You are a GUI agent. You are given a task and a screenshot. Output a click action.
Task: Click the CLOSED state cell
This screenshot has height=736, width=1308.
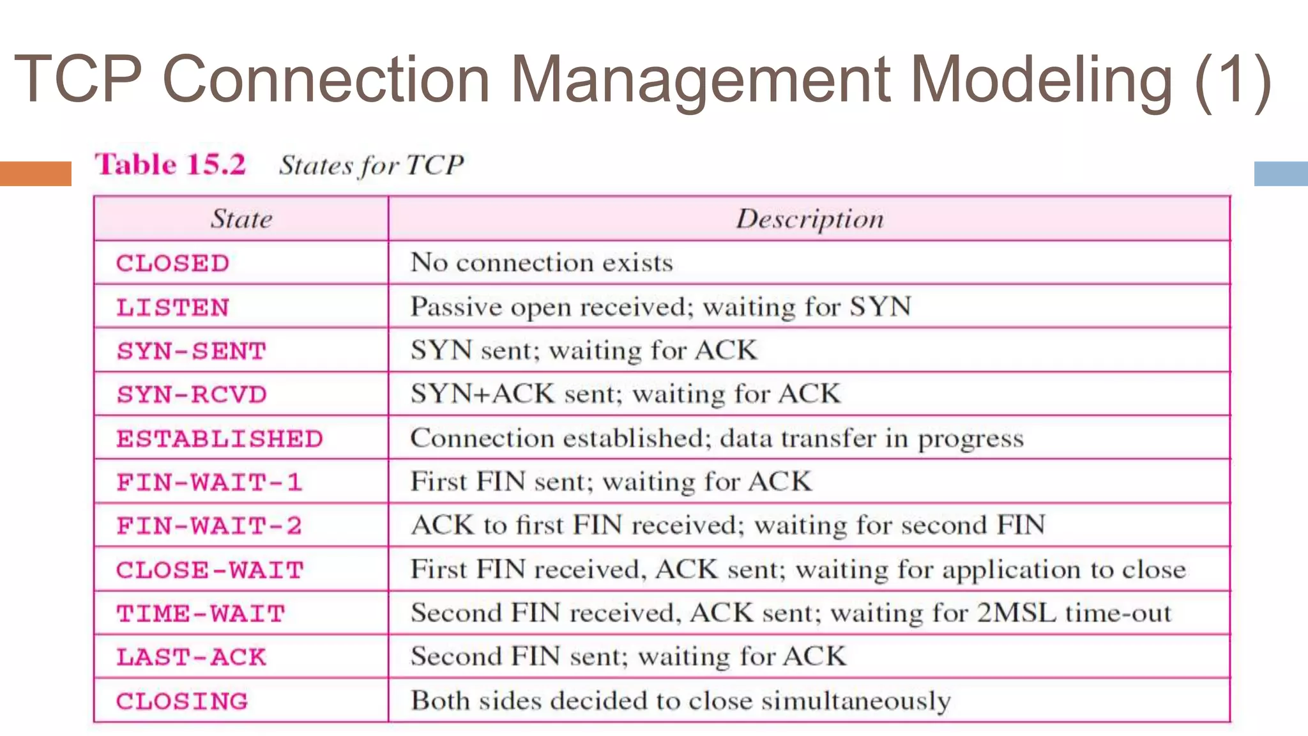pyautogui.click(x=172, y=263)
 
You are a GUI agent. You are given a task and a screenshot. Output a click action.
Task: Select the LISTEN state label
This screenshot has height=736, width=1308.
pyautogui.click(x=172, y=307)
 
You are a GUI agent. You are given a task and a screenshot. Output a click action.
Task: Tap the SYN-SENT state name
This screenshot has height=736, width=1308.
pyautogui.click(x=191, y=351)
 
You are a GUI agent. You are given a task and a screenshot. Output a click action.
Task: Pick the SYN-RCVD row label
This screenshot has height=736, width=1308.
pyautogui.click(x=191, y=394)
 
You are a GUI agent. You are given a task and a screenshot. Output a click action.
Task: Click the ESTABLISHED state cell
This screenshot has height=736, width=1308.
pyautogui.click(x=219, y=439)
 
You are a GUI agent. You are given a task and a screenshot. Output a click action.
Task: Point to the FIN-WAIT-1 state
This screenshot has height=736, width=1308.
pyautogui.click(x=209, y=482)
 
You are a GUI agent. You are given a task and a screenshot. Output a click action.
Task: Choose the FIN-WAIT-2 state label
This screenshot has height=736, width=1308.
pyautogui.click(x=209, y=526)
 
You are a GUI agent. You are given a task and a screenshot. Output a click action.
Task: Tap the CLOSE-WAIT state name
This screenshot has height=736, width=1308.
pyautogui.click(x=209, y=570)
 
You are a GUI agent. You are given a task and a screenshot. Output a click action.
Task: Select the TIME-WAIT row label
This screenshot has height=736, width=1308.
pyautogui.click(x=201, y=613)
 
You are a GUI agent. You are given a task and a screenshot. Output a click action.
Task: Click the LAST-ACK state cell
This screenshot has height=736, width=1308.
pyautogui.click(x=191, y=657)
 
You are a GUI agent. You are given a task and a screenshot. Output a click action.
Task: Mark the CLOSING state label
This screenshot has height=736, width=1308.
pyautogui.click(x=181, y=701)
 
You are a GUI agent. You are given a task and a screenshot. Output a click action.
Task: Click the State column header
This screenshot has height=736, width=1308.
pyautogui.click(x=241, y=219)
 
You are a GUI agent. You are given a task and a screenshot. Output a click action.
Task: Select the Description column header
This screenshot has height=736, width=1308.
pyautogui.click(x=810, y=219)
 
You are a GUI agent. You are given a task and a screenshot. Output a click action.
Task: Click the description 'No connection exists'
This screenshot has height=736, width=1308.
pyautogui.click(x=542, y=263)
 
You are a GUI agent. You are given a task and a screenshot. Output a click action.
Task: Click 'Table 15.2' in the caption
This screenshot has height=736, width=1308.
pyautogui.click(x=171, y=164)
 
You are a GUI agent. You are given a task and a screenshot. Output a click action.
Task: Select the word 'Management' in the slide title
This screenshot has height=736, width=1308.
pyautogui.click(x=700, y=79)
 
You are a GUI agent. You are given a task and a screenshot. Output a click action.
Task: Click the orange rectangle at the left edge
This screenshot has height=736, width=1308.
pyautogui.click(x=35, y=173)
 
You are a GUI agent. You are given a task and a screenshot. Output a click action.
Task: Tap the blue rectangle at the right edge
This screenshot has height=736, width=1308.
pyautogui.click(x=1281, y=173)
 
